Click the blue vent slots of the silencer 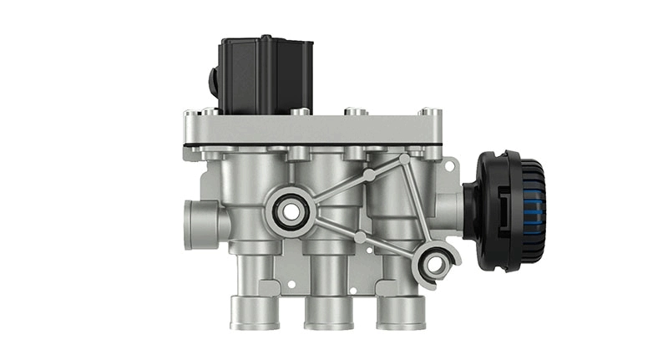point(529,210)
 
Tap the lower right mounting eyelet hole point(434,265)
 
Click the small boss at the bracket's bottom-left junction point(360,238)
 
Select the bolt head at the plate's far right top point(427,111)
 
